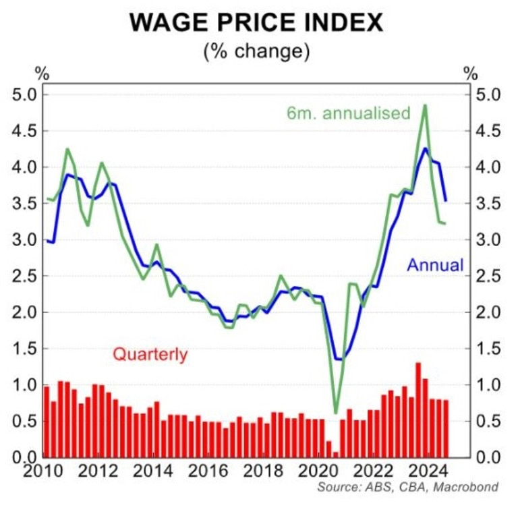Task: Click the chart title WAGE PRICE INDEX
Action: point(256,22)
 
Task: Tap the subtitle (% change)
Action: point(256,52)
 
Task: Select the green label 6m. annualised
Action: point(349,113)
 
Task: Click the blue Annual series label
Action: point(435,265)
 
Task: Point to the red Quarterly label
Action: point(150,353)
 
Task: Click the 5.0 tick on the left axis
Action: point(27,94)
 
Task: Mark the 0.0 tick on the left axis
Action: point(27,457)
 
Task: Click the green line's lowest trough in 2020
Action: point(336,413)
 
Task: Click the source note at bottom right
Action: point(409,487)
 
